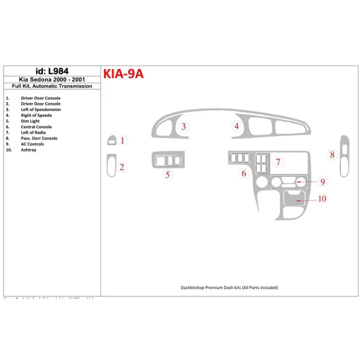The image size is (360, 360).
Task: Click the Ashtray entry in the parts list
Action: coord(28,150)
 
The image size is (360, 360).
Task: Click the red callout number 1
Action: coord(122,141)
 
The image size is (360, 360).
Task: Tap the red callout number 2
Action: coord(122,166)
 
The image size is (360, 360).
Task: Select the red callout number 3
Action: coord(184,127)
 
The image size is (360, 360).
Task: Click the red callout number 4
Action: coord(236,127)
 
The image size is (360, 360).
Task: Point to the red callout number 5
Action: coord(167,175)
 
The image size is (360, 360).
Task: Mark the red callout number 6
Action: coord(243,173)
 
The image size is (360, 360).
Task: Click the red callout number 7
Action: coord(278,162)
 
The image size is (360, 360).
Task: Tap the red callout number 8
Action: coord(332,154)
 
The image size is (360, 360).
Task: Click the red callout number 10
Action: coord(322,198)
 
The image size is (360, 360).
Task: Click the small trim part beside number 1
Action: coord(110,141)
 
